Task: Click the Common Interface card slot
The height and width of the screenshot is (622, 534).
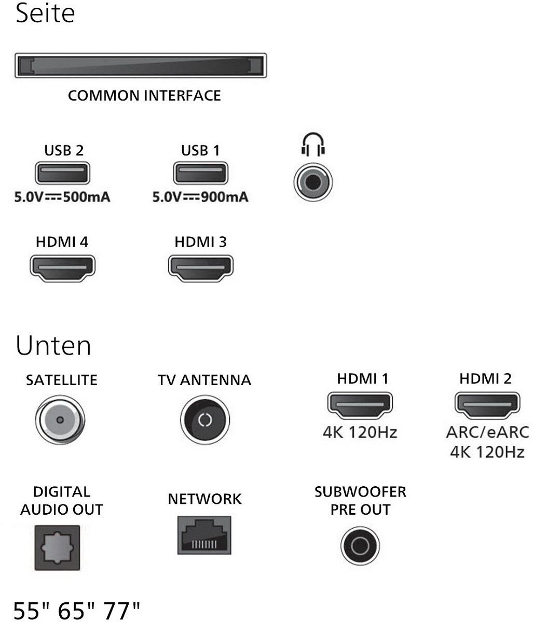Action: click(x=141, y=66)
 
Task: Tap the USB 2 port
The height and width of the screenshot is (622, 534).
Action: click(x=62, y=173)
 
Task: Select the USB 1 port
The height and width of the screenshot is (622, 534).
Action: click(x=200, y=173)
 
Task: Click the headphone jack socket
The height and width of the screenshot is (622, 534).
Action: click(x=313, y=182)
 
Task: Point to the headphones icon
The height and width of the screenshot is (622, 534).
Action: click(x=313, y=145)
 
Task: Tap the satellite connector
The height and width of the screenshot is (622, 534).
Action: click(x=60, y=420)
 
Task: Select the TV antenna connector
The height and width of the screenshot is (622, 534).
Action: click(x=204, y=420)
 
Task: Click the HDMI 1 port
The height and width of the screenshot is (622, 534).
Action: click(x=360, y=406)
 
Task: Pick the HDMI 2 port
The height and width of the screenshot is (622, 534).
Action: click(x=487, y=406)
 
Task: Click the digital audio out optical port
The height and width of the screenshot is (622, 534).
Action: click(x=57, y=548)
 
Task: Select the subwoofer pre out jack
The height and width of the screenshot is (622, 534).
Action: click(x=360, y=546)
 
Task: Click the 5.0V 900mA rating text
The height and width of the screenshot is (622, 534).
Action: click(x=200, y=197)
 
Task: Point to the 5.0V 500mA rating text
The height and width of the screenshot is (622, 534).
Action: click(x=62, y=197)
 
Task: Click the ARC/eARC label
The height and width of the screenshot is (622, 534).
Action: click(x=487, y=432)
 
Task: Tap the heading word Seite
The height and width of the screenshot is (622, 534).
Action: click(x=45, y=13)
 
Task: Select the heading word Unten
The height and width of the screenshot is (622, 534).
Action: click(x=53, y=346)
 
